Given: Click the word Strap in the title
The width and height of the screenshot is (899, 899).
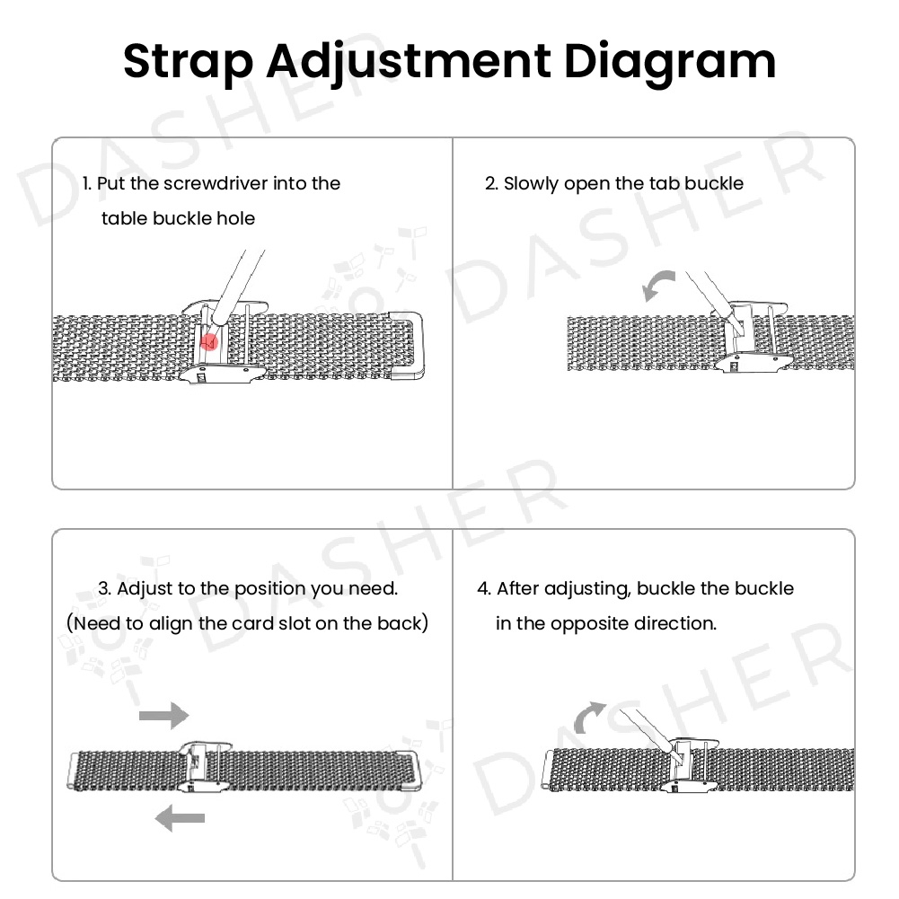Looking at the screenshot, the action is click(188, 62).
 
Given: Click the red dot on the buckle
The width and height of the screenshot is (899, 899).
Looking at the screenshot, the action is click(208, 341).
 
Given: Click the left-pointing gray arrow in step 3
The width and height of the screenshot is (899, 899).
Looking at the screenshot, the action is click(180, 817).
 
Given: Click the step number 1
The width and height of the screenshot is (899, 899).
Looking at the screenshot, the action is click(86, 183).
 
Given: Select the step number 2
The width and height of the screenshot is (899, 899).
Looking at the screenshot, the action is click(491, 183).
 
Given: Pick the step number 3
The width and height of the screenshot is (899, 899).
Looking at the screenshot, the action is click(104, 588).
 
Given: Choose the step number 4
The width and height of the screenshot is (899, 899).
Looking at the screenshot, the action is click(484, 588).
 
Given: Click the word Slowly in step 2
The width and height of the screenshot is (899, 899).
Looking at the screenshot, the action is click(531, 183).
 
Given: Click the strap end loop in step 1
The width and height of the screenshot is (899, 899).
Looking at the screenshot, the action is click(409, 345).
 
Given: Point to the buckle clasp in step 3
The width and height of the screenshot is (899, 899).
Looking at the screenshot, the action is click(204, 767).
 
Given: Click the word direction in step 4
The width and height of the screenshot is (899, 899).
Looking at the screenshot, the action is click(677, 623).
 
